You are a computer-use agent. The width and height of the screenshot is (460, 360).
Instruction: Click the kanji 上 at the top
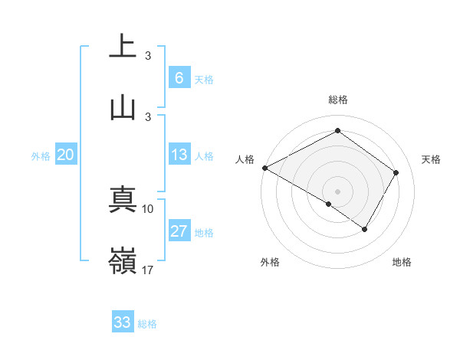[123, 45]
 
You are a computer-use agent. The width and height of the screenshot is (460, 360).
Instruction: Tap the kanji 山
[123, 106]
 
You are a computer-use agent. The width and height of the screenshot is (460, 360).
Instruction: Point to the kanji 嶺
[123, 262]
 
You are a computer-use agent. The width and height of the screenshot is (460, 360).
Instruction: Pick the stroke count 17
[148, 270]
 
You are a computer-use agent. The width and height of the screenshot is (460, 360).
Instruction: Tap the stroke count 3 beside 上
[148, 55]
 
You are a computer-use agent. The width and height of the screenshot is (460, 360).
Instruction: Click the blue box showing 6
[179, 78]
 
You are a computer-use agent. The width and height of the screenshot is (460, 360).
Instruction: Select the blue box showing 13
[179, 155]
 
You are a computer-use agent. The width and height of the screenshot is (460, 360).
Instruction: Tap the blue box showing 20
[65, 155]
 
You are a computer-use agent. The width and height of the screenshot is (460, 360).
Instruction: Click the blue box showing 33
[123, 322]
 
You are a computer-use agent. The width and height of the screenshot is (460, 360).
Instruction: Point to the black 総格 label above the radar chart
[337, 100]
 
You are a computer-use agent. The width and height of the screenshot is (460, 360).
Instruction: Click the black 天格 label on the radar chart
[431, 159]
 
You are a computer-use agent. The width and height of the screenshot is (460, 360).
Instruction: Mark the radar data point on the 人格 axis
[264, 168]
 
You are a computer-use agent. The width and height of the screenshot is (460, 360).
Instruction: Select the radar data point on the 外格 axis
[329, 204]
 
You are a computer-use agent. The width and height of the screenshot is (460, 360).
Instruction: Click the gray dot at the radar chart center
[337, 191]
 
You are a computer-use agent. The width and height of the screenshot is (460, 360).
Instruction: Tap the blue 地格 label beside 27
[204, 233]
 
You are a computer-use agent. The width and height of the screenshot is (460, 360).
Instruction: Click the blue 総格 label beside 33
[147, 323]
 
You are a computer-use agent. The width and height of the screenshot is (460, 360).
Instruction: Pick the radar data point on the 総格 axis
[337, 131]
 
